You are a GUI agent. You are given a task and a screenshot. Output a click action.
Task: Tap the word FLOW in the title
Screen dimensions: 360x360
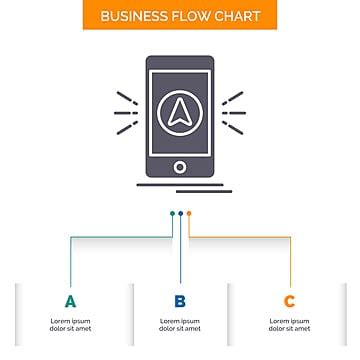click(192, 17)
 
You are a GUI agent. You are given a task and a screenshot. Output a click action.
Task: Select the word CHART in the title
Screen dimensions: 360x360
click(237, 17)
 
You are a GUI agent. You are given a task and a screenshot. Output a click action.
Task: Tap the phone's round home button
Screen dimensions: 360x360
click(180, 166)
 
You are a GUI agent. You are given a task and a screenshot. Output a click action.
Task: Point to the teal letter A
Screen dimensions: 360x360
click(70, 300)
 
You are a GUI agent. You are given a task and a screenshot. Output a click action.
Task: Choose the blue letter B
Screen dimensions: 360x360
click(180, 300)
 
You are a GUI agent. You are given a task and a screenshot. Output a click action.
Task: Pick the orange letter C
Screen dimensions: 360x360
click(289, 300)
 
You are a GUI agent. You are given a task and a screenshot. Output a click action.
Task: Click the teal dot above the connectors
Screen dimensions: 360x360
click(172, 213)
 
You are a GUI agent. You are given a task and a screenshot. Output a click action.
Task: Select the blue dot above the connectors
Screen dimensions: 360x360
click(180, 213)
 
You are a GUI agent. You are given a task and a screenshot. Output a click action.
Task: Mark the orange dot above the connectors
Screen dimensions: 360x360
click(188, 213)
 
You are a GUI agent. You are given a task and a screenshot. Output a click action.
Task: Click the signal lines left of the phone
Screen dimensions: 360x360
click(126, 113)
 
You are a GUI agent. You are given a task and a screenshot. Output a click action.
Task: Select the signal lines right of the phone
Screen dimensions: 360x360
click(233, 113)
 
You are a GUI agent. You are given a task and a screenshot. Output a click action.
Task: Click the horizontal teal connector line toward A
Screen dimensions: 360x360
click(120, 237)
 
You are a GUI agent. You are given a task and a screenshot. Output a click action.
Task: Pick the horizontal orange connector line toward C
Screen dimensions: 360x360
click(240, 237)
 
